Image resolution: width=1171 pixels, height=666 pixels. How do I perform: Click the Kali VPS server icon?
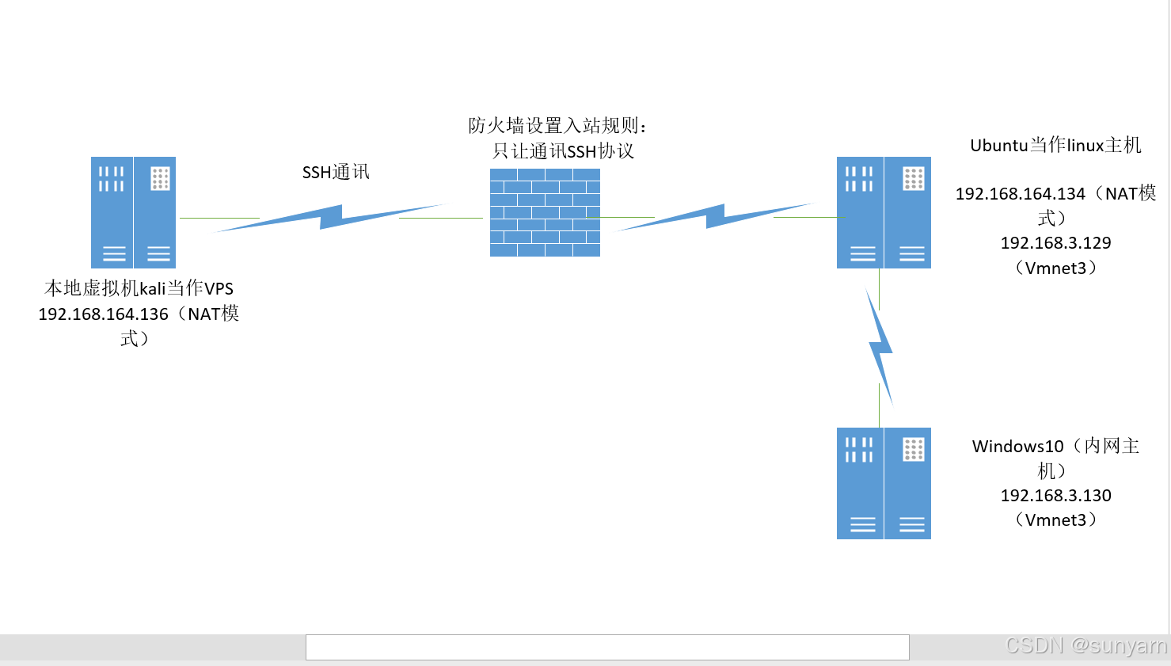tap(133, 212)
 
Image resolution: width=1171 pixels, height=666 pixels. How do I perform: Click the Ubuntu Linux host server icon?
tap(884, 212)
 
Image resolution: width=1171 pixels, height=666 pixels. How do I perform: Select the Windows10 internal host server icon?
tap(884, 483)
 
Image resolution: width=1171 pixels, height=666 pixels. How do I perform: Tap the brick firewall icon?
tap(545, 212)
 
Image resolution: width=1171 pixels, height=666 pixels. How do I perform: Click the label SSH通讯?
tap(336, 172)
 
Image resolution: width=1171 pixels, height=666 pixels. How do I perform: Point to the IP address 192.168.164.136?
tap(103, 314)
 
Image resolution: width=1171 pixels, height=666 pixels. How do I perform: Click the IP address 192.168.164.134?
tap(1020, 194)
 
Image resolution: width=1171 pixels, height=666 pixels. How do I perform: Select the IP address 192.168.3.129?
tap(1055, 243)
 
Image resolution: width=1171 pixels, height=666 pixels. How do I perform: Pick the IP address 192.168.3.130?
tap(1055, 496)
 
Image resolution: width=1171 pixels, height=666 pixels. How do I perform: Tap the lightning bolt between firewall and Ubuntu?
tap(715, 216)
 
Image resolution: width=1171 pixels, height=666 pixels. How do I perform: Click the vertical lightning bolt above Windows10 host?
tap(880, 347)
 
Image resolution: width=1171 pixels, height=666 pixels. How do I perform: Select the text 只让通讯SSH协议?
tap(563, 151)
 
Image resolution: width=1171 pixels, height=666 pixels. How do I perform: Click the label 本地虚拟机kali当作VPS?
tap(139, 288)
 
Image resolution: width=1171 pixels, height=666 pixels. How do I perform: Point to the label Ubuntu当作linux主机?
tap(1055, 146)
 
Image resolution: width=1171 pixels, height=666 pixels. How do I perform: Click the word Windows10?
tap(1017, 447)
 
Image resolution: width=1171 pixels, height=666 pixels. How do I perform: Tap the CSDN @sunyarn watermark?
tap(1085, 645)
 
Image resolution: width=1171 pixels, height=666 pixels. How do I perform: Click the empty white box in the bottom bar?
tap(607, 647)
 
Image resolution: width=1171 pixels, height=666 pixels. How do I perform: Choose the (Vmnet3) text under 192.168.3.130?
tap(1055, 520)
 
